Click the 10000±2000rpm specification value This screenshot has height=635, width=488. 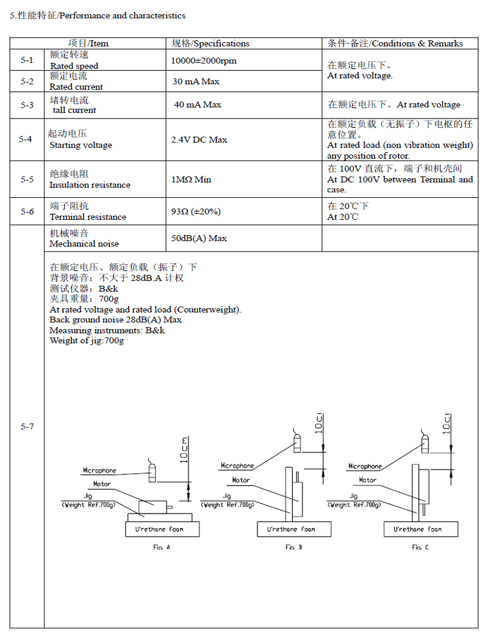click(204, 60)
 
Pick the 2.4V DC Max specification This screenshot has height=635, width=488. click(199, 140)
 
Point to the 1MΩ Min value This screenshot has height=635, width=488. click(192, 180)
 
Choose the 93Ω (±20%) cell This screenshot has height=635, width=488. click(196, 211)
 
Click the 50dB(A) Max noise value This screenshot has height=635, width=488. click(199, 238)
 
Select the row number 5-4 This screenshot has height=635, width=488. click(26, 140)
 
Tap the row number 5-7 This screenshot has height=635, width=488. click(26, 426)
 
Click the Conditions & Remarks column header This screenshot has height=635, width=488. click(395, 43)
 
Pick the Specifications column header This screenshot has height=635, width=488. click(210, 43)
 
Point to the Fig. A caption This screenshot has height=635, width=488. click(162, 547)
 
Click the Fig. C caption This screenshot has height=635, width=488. click(420, 547)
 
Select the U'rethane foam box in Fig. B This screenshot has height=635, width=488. click(295, 529)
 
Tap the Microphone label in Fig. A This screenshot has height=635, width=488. click(99, 471)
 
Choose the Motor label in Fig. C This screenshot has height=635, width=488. click(367, 480)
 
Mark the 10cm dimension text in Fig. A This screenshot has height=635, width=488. click(185, 451)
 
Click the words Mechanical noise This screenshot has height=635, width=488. click(84, 244)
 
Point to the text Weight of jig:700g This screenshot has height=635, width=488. click(87, 341)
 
